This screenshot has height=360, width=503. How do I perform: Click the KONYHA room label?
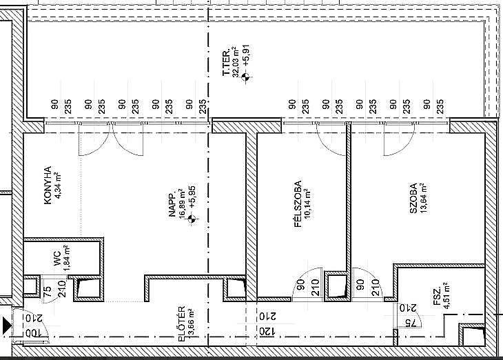pyautogui.click(x=48, y=186)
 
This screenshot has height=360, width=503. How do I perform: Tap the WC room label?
pyautogui.click(x=57, y=258)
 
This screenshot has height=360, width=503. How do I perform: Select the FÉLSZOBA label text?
pyautogui.click(x=298, y=204)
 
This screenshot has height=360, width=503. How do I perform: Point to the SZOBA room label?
pyautogui.click(x=413, y=198)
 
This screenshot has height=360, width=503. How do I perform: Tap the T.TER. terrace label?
pyautogui.click(x=226, y=63)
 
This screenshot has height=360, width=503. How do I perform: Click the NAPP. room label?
pyautogui.click(x=172, y=206)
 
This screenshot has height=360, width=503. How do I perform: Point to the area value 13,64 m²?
pyautogui.click(x=424, y=198)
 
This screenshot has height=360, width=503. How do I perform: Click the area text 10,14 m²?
pyautogui.click(x=308, y=203)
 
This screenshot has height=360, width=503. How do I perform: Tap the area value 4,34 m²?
pyautogui.click(x=58, y=186)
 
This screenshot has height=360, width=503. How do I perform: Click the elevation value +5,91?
pyautogui.click(x=247, y=56)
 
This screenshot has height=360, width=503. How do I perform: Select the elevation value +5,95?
pyautogui.click(x=192, y=197)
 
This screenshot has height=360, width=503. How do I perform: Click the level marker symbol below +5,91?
pyautogui.click(x=246, y=77)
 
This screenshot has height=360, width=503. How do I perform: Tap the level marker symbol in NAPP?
pyautogui.click(x=192, y=219)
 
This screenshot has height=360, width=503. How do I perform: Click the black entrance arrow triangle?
pyautogui.click(x=7, y=325)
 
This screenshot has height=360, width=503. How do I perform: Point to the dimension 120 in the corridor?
pyautogui.click(x=263, y=332)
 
